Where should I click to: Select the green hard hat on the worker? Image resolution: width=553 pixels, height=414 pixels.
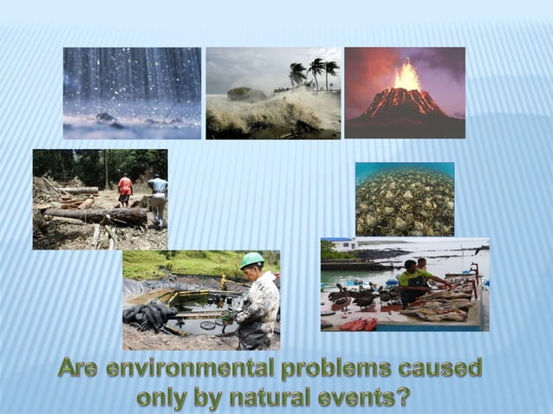click(251, 259)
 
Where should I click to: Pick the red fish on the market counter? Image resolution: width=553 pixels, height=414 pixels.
click(357, 324)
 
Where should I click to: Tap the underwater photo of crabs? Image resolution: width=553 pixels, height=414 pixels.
click(404, 199)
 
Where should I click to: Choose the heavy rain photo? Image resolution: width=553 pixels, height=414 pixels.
click(132, 93)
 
